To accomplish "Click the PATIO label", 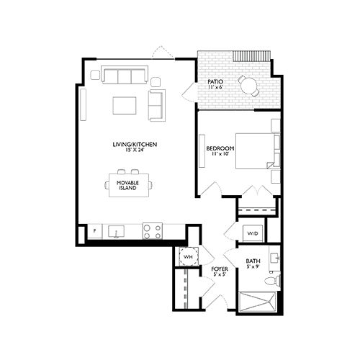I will tap(215, 83).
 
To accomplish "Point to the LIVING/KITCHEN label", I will tap(135, 145).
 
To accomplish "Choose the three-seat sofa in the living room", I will tap(124, 75).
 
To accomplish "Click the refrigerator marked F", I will tap(94, 232).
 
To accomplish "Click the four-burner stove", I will tap(152, 231).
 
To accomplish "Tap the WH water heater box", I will tap(188, 257).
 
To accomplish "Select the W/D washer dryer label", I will tap(253, 233).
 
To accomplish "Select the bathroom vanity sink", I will tap(274, 257).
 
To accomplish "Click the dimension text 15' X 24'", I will tap(135, 150).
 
